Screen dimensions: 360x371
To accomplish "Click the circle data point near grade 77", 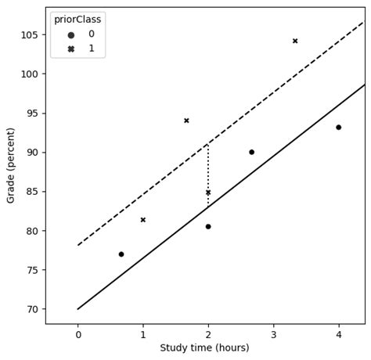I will (x=121, y=254).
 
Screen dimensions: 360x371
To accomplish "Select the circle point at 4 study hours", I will (x=338, y=128).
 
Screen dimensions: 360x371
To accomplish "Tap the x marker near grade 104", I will (x=295, y=41).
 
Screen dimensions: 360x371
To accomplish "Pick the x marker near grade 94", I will (x=186, y=121).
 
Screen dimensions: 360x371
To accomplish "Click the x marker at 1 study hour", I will (x=143, y=220).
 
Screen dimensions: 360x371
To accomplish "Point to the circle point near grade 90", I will (x=251, y=152).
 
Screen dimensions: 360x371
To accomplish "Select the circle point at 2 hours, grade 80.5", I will (x=208, y=226).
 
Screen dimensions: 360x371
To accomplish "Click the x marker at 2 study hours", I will (x=208, y=193).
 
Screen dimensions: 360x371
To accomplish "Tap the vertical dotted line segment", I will (x=208, y=168).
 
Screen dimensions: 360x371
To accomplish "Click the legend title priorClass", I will (x=77, y=20).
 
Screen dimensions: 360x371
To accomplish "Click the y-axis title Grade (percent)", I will (x=11, y=166).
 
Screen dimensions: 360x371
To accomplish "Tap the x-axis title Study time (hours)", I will (x=204, y=348).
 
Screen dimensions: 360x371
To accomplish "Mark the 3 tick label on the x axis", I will (x=273, y=335).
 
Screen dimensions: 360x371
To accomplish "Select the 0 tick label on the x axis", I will (x=78, y=335).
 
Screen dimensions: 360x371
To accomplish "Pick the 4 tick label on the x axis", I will (x=338, y=335).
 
